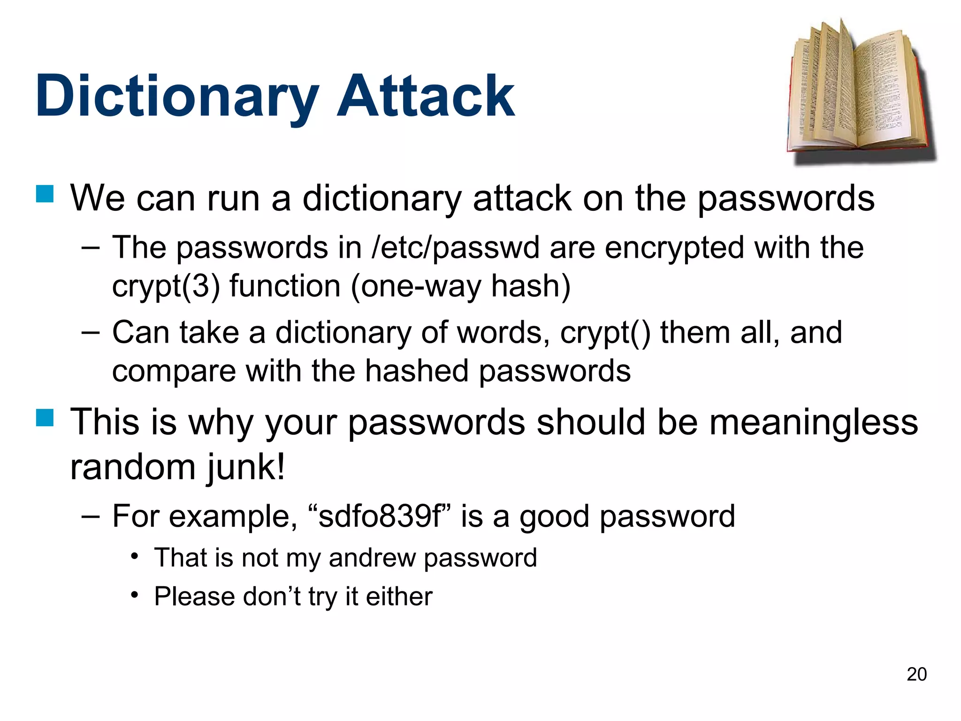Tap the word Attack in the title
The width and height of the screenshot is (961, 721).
426,96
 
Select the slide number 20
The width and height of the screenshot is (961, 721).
916,674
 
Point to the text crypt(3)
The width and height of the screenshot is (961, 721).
166,286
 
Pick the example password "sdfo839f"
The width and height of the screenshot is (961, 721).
380,516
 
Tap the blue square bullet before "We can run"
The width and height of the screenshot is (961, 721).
45,194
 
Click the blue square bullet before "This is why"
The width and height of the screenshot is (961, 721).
45,417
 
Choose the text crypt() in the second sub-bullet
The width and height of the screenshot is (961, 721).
605,332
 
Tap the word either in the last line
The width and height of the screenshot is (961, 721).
399,597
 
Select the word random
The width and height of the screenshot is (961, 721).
133,467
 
